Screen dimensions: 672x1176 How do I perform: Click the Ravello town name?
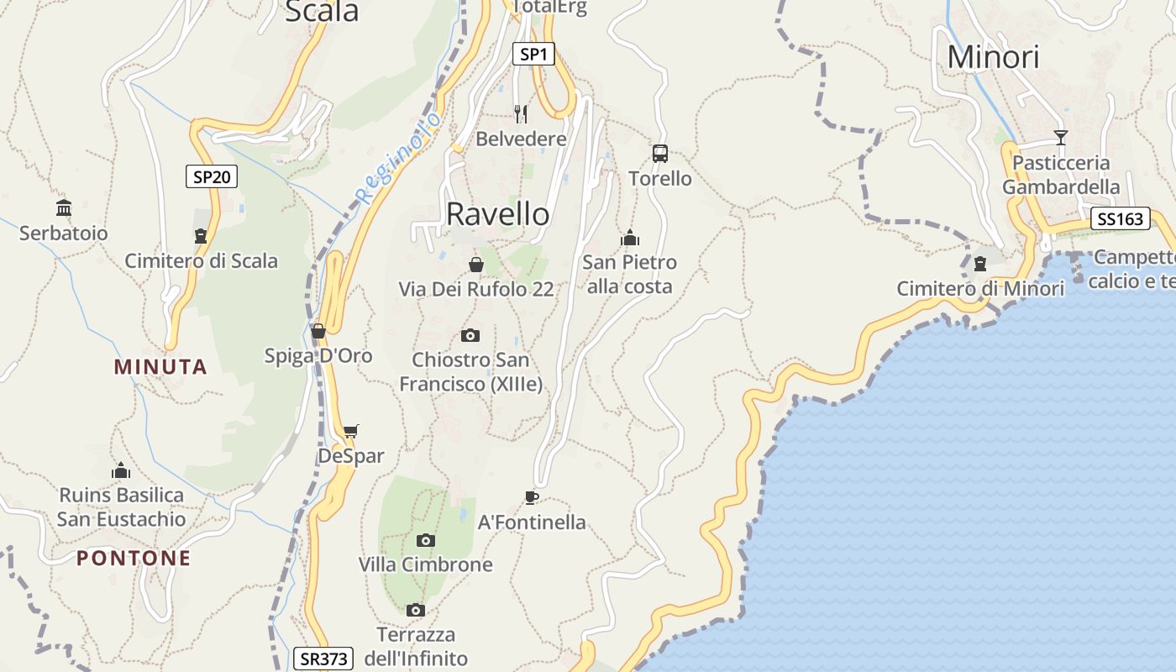(x=497, y=214)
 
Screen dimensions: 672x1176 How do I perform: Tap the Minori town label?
(x=993, y=57)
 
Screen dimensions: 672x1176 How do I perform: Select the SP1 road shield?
(x=533, y=55)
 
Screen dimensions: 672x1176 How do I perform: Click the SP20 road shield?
(x=211, y=176)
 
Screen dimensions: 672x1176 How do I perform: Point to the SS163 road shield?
(x=1120, y=219)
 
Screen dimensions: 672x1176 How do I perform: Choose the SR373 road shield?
(x=323, y=659)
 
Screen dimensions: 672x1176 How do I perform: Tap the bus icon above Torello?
(x=660, y=154)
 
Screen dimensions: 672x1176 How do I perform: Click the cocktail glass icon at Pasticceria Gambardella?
(x=1061, y=138)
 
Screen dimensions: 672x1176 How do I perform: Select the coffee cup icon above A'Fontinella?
(x=531, y=497)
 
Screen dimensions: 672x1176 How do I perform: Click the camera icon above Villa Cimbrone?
(x=426, y=540)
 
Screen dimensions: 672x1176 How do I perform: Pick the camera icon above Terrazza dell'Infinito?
(x=415, y=610)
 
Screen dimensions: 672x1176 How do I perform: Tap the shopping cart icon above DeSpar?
(x=351, y=432)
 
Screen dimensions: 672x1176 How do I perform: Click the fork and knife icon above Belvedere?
(x=521, y=113)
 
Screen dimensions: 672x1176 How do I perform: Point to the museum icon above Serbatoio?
(x=64, y=208)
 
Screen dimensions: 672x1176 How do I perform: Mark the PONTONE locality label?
(x=134, y=559)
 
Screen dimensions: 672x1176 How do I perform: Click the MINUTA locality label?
(x=160, y=367)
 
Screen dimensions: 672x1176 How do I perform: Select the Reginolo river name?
(x=398, y=159)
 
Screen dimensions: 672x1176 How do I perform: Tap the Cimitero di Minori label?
(x=980, y=289)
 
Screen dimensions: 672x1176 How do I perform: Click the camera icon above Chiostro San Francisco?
(x=470, y=336)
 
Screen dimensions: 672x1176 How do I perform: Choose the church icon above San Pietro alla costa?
(x=630, y=238)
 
